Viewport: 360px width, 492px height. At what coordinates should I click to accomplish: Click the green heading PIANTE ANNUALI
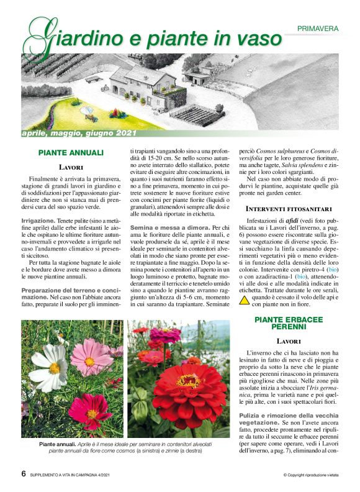71,152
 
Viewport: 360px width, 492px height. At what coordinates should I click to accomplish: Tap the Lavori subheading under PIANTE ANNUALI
71,167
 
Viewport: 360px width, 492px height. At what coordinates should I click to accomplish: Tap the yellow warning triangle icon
244,300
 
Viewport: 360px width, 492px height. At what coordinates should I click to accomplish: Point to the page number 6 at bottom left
24,474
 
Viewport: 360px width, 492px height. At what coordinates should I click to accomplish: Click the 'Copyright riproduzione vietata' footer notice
311,475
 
